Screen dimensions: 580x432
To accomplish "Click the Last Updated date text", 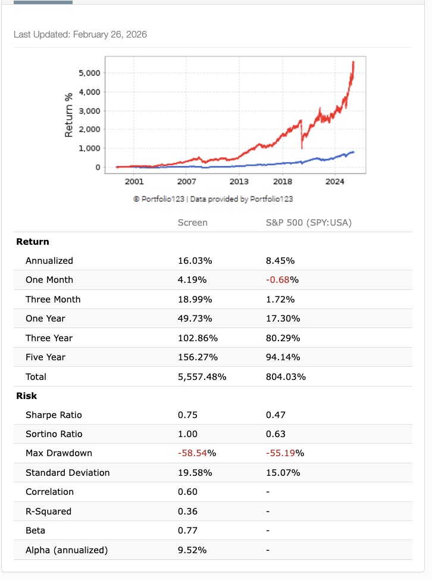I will tap(80, 35).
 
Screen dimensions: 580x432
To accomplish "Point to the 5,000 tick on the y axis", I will tap(89, 73).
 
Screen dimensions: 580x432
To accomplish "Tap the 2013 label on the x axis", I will tap(239, 181).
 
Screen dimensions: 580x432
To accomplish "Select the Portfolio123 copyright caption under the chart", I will tap(213, 199).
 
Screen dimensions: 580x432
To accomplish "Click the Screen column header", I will tap(193, 222).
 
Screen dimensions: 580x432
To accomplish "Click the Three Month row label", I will tap(53, 299).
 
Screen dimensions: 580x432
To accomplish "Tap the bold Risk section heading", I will tap(26, 395).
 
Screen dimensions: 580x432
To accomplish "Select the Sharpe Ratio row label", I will tap(54, 414).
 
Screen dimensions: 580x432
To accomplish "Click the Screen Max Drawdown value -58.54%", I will tap(196, 453).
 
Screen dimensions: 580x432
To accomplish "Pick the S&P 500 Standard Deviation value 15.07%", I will tap(283, 473).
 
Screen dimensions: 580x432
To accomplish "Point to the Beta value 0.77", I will tap(187, 531).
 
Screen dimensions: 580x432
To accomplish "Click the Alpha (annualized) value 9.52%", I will tap(192, 550).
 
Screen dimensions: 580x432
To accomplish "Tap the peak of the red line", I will tap(353, 61).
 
